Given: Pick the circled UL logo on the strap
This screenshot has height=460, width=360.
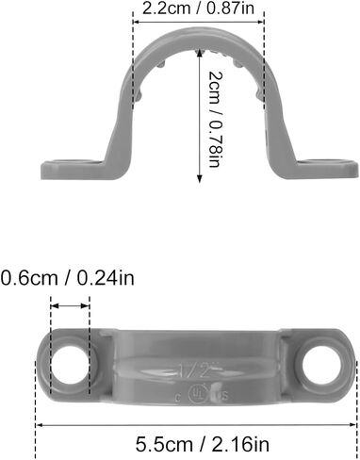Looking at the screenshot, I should click(x=197, y=388).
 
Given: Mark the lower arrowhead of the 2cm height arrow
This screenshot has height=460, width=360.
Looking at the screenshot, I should click(x=198, y=180).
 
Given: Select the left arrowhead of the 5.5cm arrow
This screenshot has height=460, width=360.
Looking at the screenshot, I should click(x=40, y=423).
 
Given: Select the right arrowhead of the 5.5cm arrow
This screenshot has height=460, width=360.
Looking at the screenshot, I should click(x=354, y=423).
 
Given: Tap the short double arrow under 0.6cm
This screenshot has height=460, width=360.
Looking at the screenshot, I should click(x=71, y=305).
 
